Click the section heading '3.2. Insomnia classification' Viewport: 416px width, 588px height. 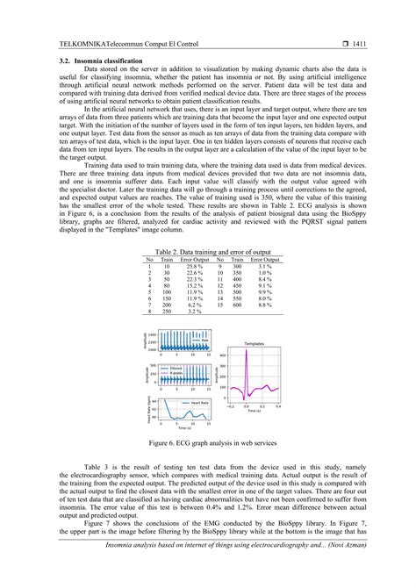coord(83,60)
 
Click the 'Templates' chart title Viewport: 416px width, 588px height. coord(254,344)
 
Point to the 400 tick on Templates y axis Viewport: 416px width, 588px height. coord(222,355)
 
